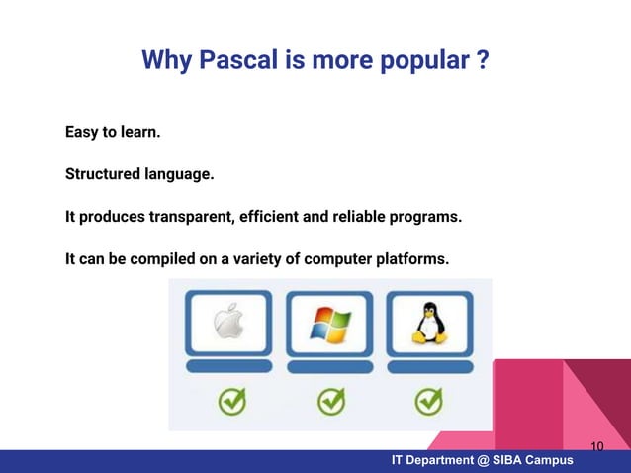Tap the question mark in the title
pos(481,62)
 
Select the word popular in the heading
pos(418,62)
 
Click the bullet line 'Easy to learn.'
pos(113,132)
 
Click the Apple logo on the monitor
pos(228,321)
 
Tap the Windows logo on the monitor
pos(330,323)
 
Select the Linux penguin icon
pos(427,323)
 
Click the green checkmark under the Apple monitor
pos(232,401)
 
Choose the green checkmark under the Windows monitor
pos(330,401)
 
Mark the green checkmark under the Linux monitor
pos(427,401)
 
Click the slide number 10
pos(596,446)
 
